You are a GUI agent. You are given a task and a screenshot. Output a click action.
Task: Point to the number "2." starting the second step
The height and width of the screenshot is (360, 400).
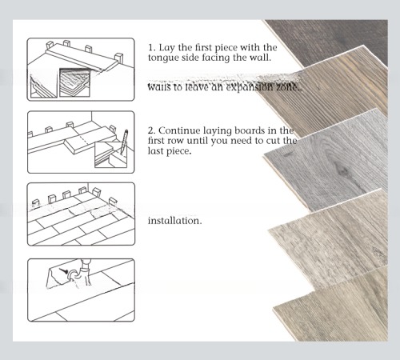[152, 130]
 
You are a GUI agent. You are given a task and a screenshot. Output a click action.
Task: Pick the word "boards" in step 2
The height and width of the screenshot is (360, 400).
[251, 130]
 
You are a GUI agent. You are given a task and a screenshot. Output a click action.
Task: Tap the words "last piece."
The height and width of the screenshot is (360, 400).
[170, 151]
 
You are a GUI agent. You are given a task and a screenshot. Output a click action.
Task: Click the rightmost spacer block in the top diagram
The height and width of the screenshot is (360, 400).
[121, 58]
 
